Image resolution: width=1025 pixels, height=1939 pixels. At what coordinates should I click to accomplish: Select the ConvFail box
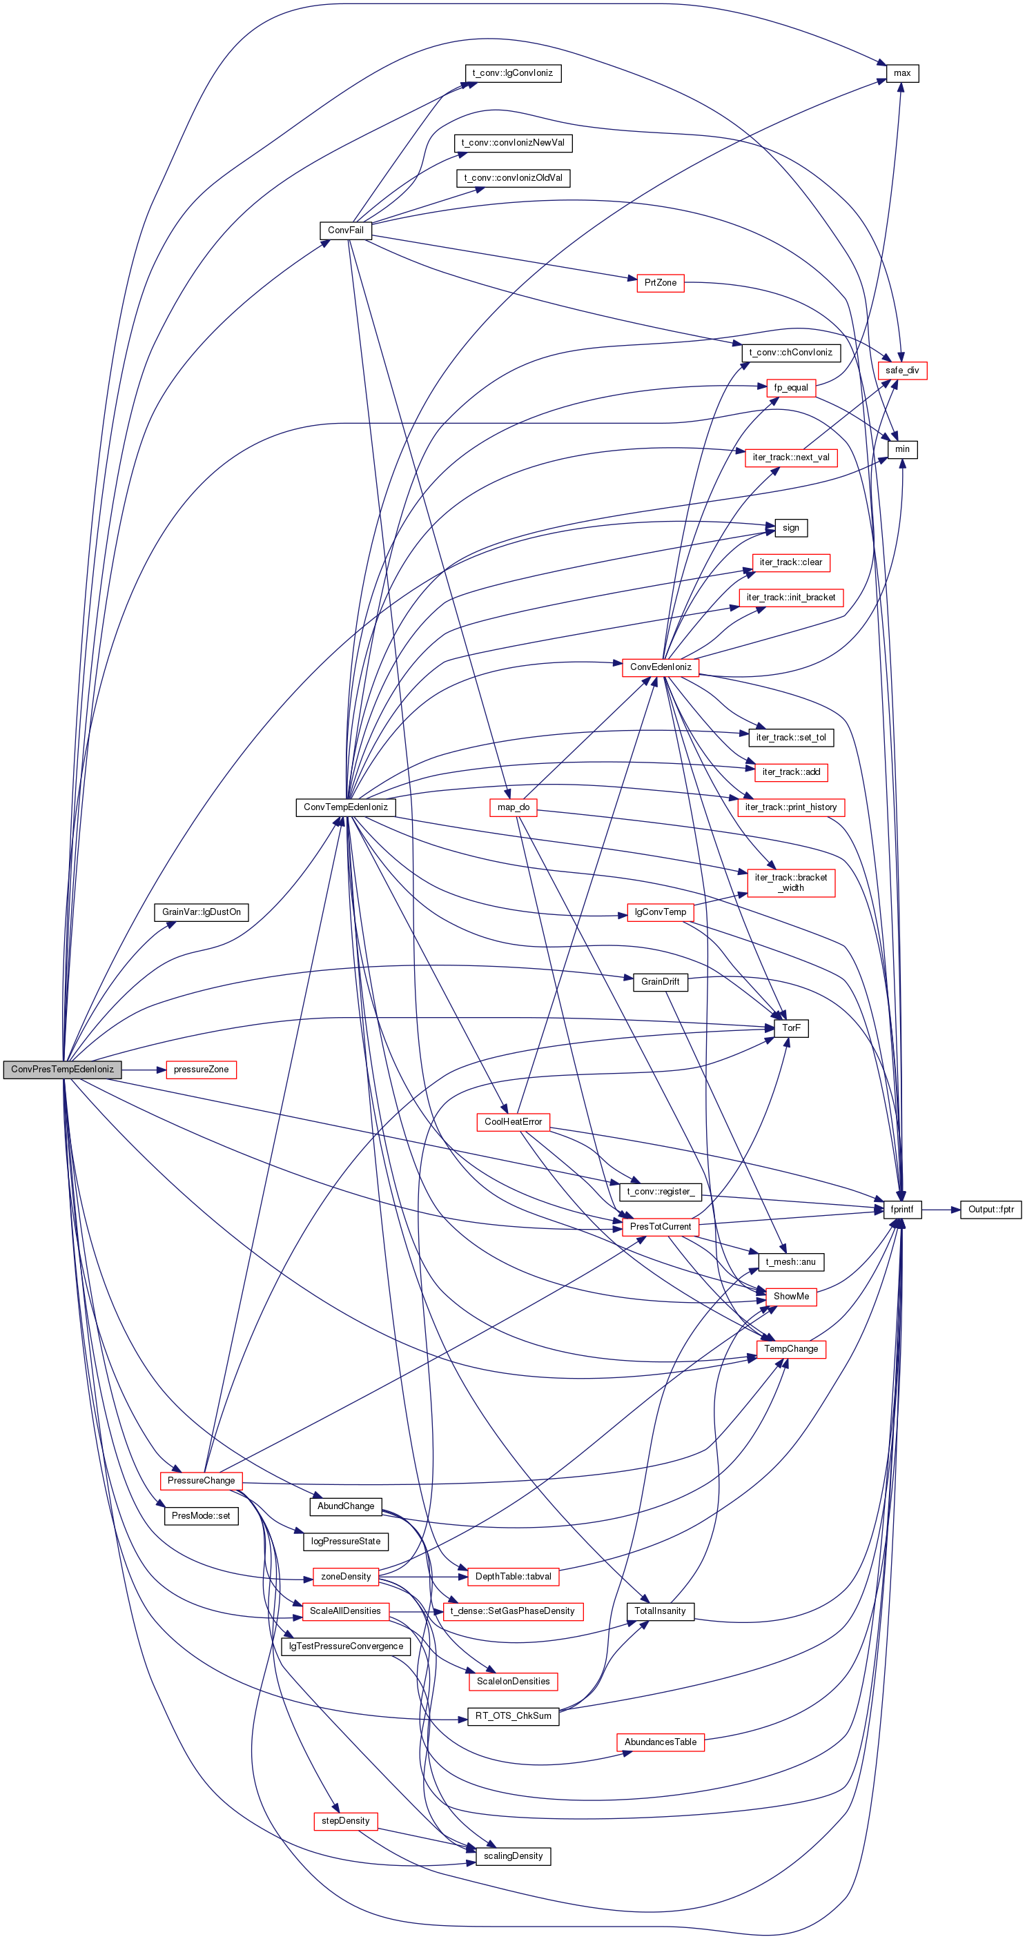(x=346, y=230)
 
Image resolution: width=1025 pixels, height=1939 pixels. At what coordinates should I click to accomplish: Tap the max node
(x=902, y=73)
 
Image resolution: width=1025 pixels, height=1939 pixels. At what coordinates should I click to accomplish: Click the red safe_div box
(x=902, y=371)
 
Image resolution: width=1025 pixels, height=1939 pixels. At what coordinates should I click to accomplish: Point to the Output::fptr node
(x=991, y=1210)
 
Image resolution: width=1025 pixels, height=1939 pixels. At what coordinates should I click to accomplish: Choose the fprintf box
(x=902, y=1210)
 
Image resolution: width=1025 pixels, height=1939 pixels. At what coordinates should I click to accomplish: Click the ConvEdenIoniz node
(x=661, y=667)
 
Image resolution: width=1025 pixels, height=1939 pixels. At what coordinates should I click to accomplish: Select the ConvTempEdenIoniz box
(x=346, y=807)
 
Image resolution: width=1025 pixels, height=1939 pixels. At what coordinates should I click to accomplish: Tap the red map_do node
(x=513, y=807)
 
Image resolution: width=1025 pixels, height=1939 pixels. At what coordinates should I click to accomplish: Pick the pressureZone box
(x=201, y=1069)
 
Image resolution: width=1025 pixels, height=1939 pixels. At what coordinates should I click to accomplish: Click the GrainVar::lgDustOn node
(x=201, y=912)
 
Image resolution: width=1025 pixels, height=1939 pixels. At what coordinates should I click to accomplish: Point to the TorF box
(x=791, y=1027)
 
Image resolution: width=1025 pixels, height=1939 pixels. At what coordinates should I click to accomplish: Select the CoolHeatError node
(x=513, y=1121)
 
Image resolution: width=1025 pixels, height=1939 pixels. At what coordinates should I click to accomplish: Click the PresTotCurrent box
(x=661, y=1226)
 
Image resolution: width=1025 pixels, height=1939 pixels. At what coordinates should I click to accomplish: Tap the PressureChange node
(x=201, y=1480)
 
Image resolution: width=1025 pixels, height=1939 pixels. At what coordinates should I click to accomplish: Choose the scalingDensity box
(x=513, y=1856)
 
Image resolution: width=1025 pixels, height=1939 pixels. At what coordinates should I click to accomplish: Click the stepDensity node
(x=346, y=1820)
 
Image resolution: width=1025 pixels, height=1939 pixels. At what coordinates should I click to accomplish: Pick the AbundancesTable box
(x=661, y=1742)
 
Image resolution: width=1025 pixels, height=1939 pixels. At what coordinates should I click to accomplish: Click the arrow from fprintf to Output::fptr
(x=941, y=1210)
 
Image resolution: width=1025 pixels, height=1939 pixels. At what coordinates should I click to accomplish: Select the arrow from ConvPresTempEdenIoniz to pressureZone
(x=144, y=1069)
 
